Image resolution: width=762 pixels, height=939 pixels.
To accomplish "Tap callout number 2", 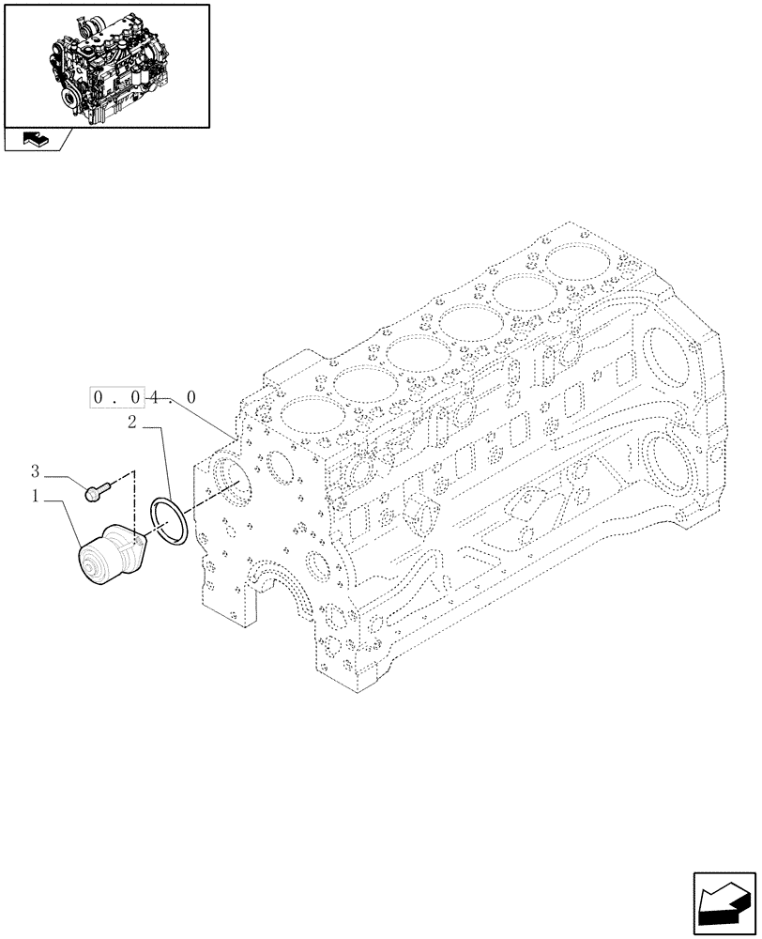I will click(133, 424).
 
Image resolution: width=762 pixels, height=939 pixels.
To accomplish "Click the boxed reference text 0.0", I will click(120, 398).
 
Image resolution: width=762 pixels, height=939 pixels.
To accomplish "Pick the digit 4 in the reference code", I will click(155, 398).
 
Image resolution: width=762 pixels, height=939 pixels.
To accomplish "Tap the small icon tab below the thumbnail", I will click(35, 140).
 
